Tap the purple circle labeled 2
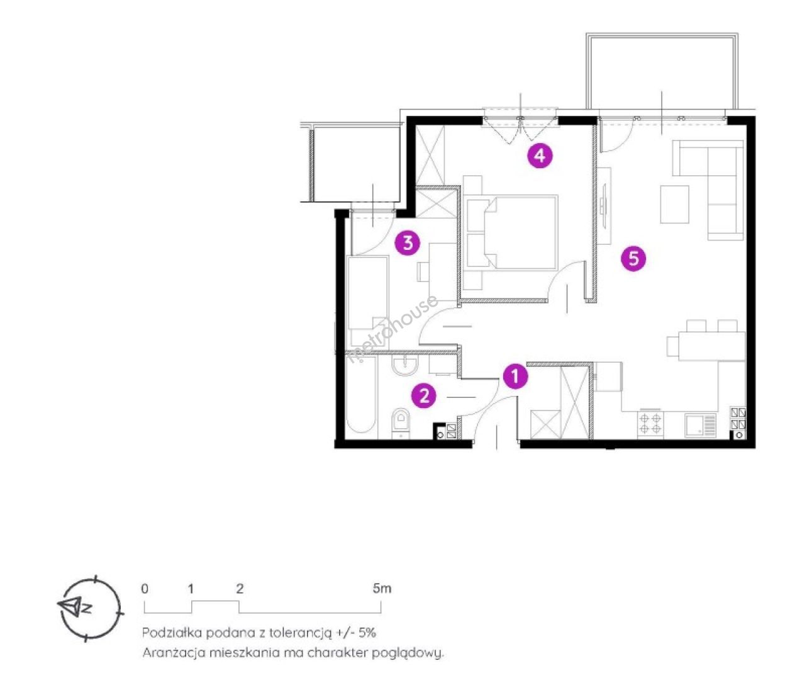click(424, 395)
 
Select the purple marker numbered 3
click(408, 242)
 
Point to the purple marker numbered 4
click(540, 156)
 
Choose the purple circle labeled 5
click(633, 259)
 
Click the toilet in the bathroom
click(401, 422)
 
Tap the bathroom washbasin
click(405, 366)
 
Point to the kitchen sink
click(700, 425)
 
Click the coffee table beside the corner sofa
click(674, 204)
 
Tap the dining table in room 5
click(711, 346)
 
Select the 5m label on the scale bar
click(382, 588)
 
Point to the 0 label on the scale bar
click(145, 589)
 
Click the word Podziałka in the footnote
click(171, 633)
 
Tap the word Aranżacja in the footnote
click(173, 653)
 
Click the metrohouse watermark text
click(393, 328)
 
